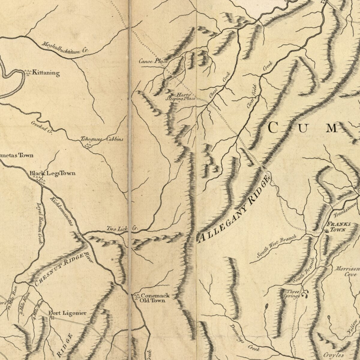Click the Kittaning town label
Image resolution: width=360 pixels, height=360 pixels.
pyautogui.click(x=46, y=73)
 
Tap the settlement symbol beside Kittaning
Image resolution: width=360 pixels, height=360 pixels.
pyautogui.click(x=28, y=73)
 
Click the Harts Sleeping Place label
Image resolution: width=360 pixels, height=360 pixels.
pyautogui.click(x=181, y=97)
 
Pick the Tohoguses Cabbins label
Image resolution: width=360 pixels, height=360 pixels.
pyautogui.click(x=102, y=139)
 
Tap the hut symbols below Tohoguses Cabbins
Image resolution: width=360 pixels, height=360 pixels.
pyautogui.click(x=88, y=146)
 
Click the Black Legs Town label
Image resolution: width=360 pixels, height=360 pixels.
pyautogui.click(x=52, y=173)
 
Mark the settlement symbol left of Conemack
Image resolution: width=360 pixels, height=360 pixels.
pyautogui.click(x=136, y=297)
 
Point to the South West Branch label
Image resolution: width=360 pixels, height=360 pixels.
pyautogui.click(x=276, y=246)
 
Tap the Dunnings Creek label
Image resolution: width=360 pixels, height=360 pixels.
pyautogui.click(x=244, y=337)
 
